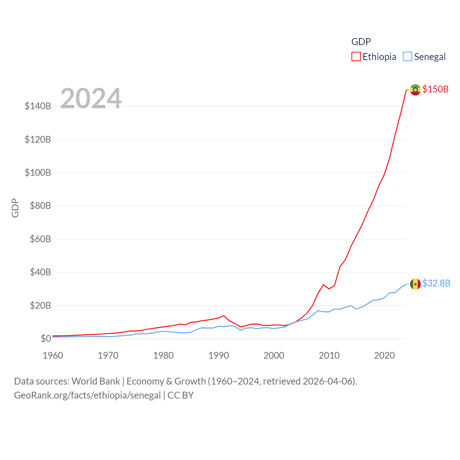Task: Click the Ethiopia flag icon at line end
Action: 415,89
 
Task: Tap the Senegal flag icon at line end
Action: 415,284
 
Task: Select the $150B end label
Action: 435,89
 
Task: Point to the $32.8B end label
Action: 436,284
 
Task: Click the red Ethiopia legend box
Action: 356,57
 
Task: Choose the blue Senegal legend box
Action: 407,57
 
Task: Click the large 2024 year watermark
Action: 91,98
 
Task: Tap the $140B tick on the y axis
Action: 38,106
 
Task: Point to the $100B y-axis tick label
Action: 38,172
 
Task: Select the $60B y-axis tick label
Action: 40,239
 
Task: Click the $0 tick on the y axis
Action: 46,339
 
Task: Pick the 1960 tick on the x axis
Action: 53,355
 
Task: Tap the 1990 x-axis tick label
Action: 218,355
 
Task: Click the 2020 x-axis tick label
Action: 384,355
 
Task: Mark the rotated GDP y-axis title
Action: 15,208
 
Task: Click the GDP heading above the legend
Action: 361,42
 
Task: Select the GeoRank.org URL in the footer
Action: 87,395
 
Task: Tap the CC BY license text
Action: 180,395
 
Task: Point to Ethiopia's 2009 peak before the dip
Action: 323,285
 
